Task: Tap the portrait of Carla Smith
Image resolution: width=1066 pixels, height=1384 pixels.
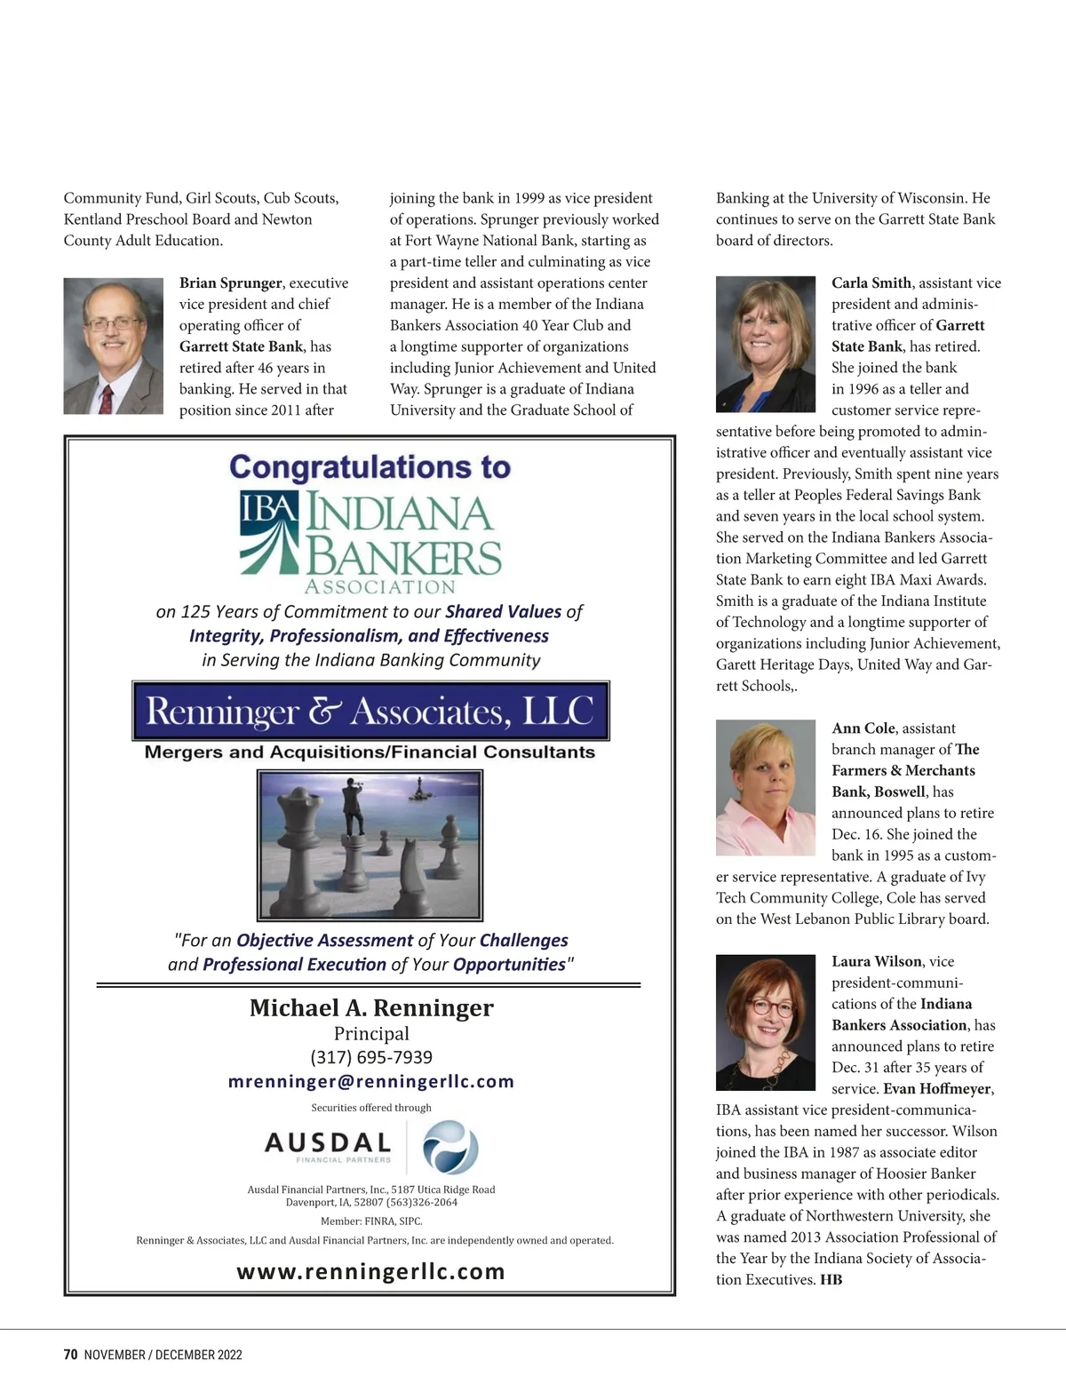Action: click(765, 344)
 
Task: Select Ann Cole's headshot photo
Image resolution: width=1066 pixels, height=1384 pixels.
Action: click(765, 787)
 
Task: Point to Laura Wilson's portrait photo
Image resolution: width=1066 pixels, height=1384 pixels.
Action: click(765, 1022)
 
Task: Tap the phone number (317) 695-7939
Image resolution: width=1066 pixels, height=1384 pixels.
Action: click(371, 1057)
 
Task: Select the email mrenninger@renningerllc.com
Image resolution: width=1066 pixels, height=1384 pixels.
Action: click(371, 1081)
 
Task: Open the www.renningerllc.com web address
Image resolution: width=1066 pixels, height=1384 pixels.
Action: click(370, 1271)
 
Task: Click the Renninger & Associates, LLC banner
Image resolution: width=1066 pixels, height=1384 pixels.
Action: click(370, 712)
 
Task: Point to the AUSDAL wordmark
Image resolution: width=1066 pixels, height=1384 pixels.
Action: click(328, 1142)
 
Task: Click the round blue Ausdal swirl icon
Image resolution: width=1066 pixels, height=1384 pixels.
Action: click(449, 1147)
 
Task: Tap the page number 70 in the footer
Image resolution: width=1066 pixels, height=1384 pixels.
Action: click(71, 1355)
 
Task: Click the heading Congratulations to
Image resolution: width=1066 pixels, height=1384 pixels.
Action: click(370, 467)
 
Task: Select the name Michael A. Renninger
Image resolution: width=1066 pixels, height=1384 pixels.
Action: click(371, 1008)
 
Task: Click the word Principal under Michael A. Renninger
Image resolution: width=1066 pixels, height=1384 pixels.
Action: click(371, 1033)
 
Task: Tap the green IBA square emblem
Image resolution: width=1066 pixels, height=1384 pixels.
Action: click(268, 533)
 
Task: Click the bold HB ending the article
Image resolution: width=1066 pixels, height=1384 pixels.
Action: click(831, 1280)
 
